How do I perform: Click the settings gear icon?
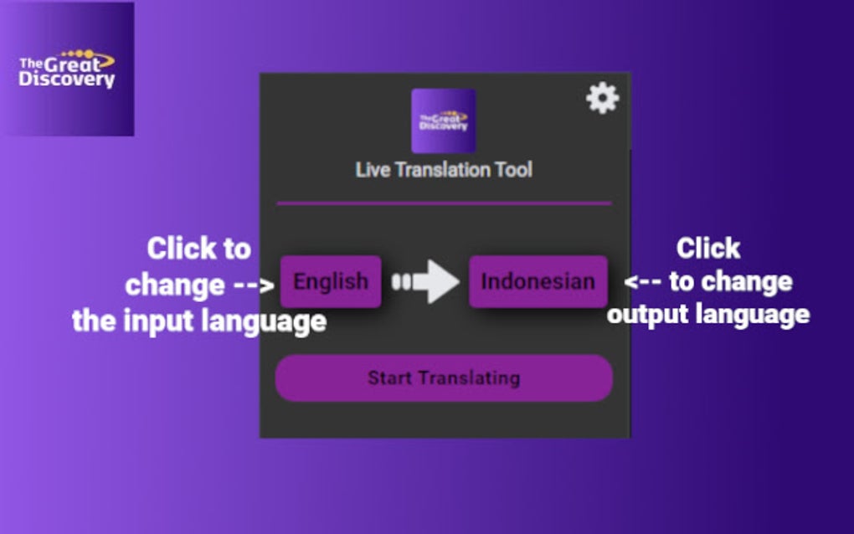pos(602,98)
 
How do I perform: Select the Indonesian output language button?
pos(538,281)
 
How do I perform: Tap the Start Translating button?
pos(444,377)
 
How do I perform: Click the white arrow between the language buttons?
pos(426,281)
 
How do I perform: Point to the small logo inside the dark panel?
pos(444,121)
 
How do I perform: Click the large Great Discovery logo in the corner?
pos(67,69)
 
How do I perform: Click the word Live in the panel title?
pos(373,170)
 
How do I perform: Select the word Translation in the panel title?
pos(443,170)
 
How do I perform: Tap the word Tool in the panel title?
pos(513,170)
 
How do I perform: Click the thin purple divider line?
pos(444,203)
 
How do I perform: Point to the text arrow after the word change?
pos(254,285)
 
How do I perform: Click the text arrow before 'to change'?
pos(643,281)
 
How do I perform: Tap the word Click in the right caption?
pos(708,249)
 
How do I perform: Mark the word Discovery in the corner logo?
pos(66,80)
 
